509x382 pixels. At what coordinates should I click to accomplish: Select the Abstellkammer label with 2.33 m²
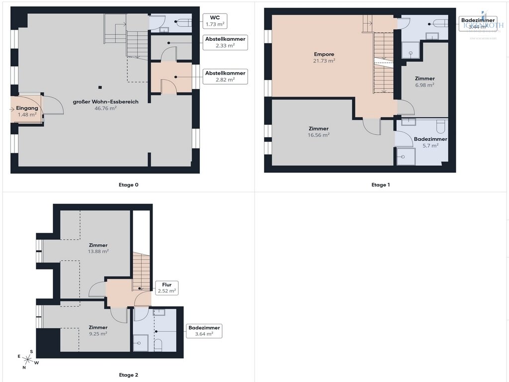(x=225, y=42)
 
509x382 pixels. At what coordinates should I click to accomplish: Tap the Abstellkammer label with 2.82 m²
(x=225, y=76)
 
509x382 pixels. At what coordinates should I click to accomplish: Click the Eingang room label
(x=26, y=111)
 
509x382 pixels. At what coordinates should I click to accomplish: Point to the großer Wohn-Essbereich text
(x=105, y=104)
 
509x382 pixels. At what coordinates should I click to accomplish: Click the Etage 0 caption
(x=129, y=185)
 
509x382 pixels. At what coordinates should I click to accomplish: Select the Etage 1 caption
(x=381, y=185)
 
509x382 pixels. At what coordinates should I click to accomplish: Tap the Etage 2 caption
(x=129, y=375)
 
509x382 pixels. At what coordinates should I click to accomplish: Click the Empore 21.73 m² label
(x=324, y=57)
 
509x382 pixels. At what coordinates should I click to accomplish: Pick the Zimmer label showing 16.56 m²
(x=318, y=131)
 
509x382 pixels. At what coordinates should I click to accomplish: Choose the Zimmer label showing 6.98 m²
(x=424, y=82)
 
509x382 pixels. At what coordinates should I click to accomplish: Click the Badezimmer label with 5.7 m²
(x=430, y=142)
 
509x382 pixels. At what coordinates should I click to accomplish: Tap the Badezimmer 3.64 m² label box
(x=204, y=331)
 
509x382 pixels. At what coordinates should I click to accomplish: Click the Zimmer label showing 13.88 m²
(x=98, y=248)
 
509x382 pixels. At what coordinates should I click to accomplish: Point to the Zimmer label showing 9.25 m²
(x=98, y=330)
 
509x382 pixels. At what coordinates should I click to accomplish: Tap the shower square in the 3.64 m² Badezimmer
(x=141, y=342)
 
